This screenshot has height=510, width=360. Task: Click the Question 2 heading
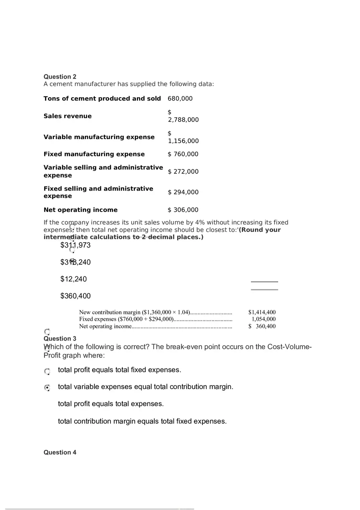coord(60,76)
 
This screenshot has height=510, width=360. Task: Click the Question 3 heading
coord(60,339)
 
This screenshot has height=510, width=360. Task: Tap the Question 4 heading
coord(60,452)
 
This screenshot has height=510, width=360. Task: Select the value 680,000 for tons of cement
coord(180,99)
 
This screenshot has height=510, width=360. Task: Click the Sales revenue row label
coord(67,116)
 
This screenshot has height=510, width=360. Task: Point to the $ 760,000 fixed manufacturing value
coord(183,154)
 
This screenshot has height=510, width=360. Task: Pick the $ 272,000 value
coord(183,172)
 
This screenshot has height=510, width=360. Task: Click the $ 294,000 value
coord(183,192)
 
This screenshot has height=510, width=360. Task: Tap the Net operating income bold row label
coord(80,210)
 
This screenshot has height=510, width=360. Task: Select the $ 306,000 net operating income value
coord(183,210)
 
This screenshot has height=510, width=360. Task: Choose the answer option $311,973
coord(75,245)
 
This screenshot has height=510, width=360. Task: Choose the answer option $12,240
coord(74,279)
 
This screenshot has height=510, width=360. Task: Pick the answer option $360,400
coord(75,296)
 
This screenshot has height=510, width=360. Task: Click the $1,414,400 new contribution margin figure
coord(262,312)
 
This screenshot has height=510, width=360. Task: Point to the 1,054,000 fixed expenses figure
coord(263,319)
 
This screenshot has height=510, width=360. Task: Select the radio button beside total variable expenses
coord(47,387)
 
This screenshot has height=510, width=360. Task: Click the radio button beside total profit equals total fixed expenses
coord(47,371)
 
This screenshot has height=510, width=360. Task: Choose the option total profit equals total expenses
coord(111,404)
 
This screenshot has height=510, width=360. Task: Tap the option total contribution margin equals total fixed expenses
coord(142,421)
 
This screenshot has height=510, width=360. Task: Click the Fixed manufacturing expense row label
coord(94,154)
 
